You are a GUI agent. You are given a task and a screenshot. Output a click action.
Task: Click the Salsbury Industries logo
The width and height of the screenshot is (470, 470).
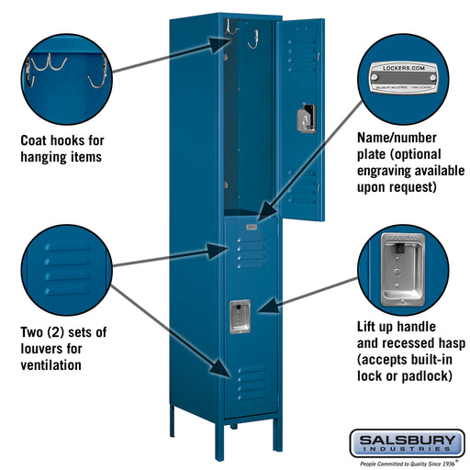405,442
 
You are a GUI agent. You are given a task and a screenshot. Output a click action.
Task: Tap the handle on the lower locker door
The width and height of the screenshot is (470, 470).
240,315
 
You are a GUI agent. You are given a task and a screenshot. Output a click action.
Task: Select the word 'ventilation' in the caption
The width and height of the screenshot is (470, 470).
50,365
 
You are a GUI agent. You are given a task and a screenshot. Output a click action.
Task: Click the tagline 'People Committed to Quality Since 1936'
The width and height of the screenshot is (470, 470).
405,464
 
